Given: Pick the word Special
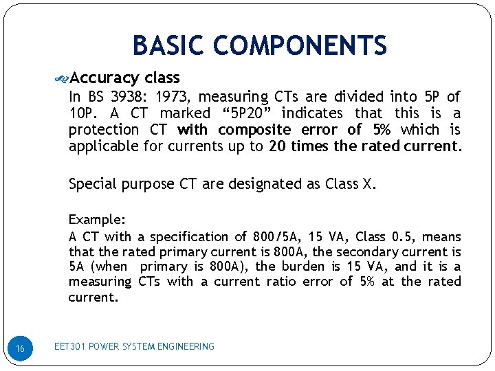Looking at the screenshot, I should (92, 184).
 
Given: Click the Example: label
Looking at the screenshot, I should (96, 220).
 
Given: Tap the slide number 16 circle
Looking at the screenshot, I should (21, 349).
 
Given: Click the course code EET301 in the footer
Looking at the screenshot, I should (70, 347).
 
